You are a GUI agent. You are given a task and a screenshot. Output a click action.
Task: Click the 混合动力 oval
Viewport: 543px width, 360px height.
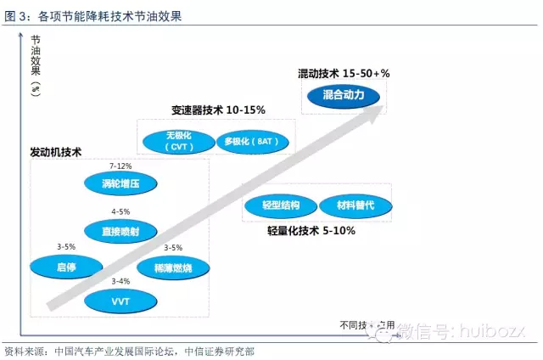(344, 96)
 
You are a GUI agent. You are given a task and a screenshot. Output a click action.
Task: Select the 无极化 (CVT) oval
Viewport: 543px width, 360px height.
(179, 141)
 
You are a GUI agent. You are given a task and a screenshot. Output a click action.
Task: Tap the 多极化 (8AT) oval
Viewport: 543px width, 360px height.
(252, 141)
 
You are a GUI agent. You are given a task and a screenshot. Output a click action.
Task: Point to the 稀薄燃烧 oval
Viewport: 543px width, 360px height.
(172, 267)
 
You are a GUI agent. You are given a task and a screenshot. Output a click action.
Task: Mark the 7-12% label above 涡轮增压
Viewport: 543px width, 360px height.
(120, 166)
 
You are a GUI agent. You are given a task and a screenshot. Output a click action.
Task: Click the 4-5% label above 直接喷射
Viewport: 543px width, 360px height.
(120, 211)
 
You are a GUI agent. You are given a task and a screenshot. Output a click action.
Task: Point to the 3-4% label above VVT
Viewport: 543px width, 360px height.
(120, 281)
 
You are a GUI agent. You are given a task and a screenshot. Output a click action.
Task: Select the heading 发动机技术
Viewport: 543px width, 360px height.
(56, 153)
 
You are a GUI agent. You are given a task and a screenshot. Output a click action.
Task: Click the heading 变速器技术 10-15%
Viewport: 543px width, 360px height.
(218, 110)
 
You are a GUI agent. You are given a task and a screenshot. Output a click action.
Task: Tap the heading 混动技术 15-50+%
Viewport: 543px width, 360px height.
(344, 74)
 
